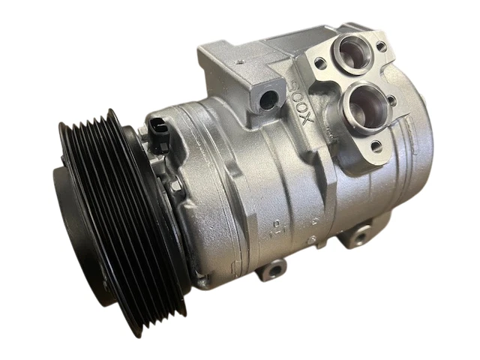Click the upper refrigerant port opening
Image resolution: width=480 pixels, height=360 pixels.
(x=352, y=53)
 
